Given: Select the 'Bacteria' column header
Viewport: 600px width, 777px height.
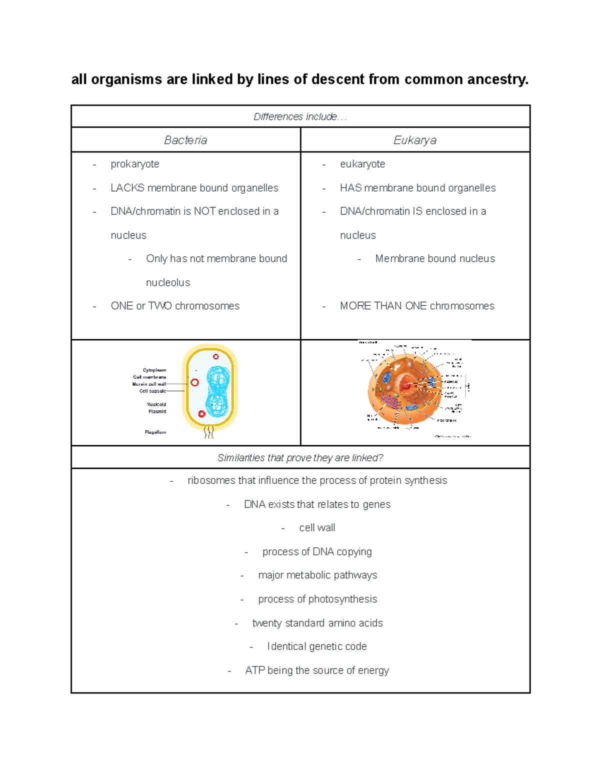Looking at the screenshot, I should point(185,140).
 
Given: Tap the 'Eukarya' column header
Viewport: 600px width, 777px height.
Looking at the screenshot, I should point(414,140).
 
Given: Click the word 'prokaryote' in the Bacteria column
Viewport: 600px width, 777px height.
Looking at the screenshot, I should point(135,164).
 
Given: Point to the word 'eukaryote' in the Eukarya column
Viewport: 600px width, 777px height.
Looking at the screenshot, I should point(362,164).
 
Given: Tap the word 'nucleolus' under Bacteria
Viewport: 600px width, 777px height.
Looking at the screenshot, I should point(168,283).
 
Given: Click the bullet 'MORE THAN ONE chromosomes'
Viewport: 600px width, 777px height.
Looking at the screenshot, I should point(417,306).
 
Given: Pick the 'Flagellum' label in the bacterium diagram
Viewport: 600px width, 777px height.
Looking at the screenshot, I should point(155,432).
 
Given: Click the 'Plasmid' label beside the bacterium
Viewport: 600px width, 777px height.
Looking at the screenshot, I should point(157,411).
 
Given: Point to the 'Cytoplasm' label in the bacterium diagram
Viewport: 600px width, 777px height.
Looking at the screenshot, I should point(154,370).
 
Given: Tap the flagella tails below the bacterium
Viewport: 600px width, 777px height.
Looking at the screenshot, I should point(209,433).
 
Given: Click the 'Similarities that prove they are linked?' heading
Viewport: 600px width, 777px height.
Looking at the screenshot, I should point(300,458).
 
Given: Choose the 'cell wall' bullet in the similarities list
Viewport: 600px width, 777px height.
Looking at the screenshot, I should point(317,528).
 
